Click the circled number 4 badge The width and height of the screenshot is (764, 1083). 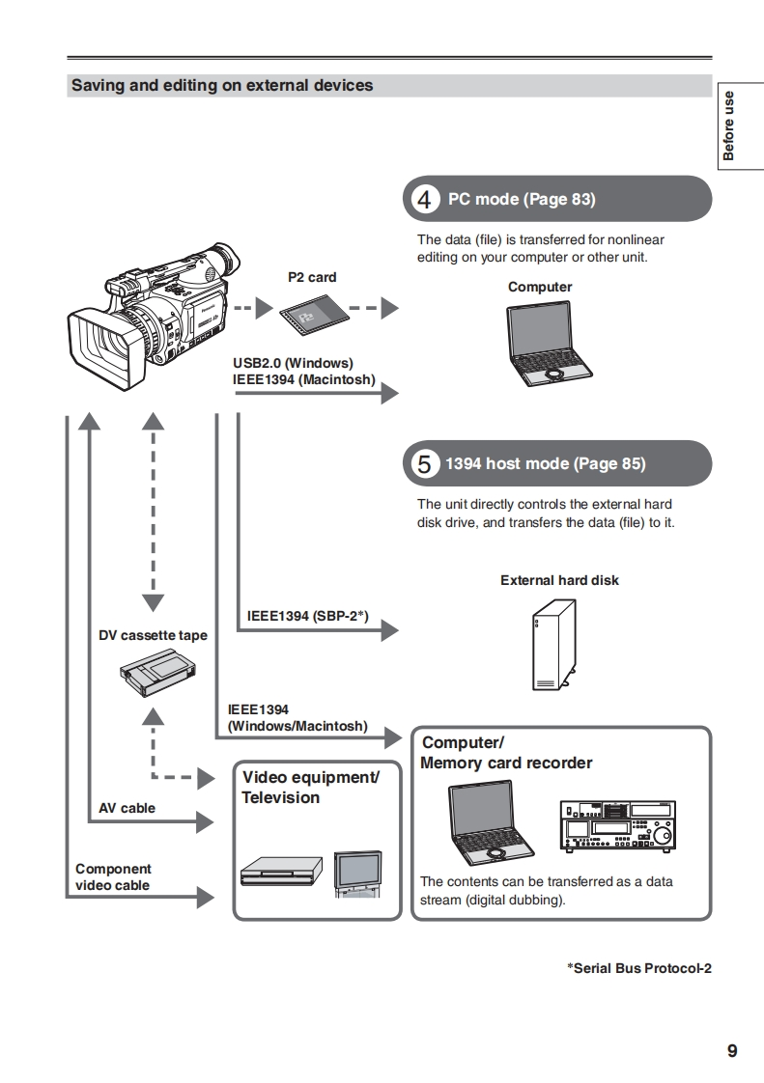coord(424,200)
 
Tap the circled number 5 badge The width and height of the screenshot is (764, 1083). coord(424,463)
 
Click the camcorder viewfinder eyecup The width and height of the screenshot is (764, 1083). coord(222,261)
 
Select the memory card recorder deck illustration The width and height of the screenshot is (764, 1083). coord(618,825)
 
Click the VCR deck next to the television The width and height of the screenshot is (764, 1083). coord(281,872)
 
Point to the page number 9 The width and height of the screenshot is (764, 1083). coord(732,1051)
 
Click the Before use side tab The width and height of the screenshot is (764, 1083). coord(729,125)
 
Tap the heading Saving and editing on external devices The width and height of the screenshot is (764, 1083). coord(222,85)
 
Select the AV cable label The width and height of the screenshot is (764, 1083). coord(127,808)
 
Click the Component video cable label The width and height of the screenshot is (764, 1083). coord(113,876)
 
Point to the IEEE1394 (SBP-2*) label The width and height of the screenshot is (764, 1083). coord(307,615)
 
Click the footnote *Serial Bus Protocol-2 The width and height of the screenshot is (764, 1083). coord(638,968)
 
